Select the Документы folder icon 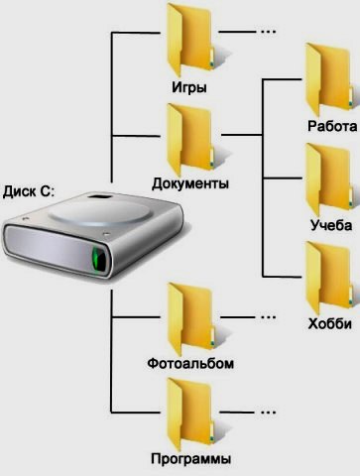[x=190, y=140]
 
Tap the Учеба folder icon [x=328, y=179]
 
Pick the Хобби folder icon [x=328, y=278]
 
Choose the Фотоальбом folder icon [x=191, y=319]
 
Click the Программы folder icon [x=190, y=415]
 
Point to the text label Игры [x=189, y=87]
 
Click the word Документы [x=190, y=183]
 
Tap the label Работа [x=332, y=126]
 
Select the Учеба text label [x=331, y=225]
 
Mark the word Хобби [x=329, y=324]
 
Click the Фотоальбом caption [x=190, y=364]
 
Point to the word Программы [x=190, y=459]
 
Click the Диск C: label [x=28, y=191]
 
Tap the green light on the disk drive [x=98, y=260]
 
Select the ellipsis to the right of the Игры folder [x=268, y=32]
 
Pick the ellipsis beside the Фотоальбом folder [x=268, y=317]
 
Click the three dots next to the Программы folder [x=268, y=413]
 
